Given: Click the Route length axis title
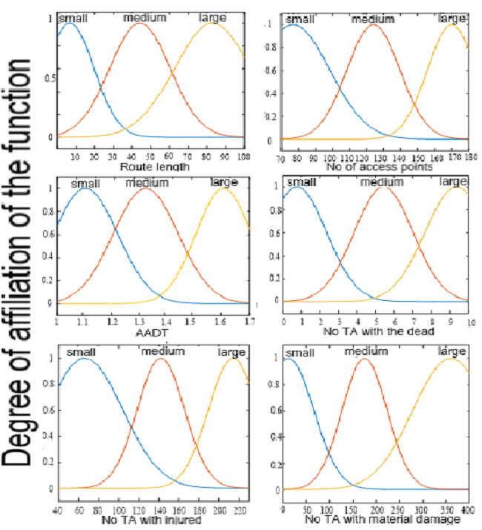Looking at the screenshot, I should click(154, 167).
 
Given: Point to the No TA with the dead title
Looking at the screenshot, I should click(375, 334).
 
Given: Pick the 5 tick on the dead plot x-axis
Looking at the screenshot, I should click(377, 323).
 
